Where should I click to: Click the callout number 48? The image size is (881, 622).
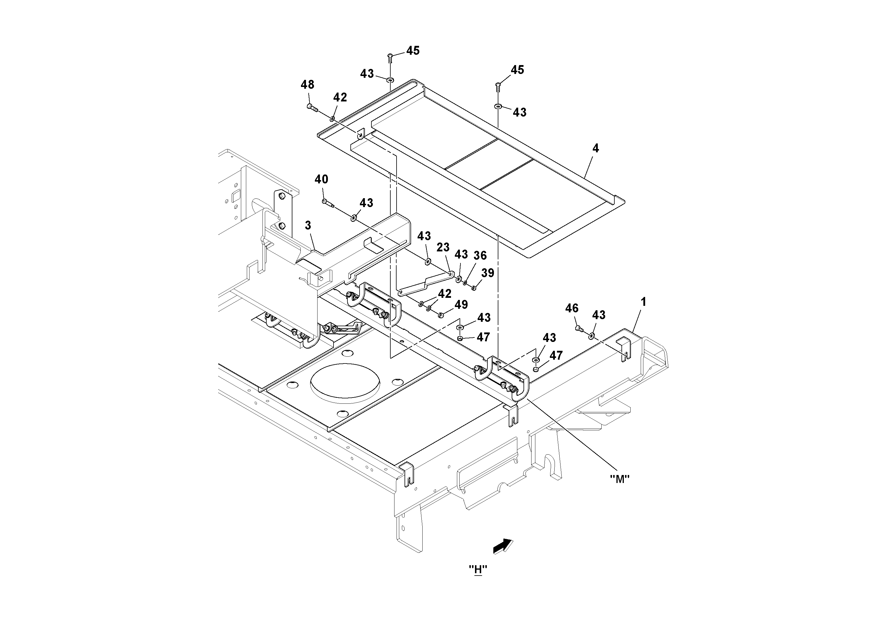(x=307, y=85)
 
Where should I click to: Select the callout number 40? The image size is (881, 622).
(x=322, y=180)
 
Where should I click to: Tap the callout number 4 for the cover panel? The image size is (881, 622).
(x=595, y=148)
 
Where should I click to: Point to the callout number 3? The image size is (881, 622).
(x=308, y=225)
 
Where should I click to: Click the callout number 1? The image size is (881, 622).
(x=643, y=302)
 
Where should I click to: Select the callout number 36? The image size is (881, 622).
(x=480, y=256)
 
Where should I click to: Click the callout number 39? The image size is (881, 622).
(x=488, y=273)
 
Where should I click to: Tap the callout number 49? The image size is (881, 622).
(x=461, y=304)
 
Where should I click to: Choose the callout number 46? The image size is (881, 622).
(x=572, y=308)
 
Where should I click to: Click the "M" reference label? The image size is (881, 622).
(x=620, y=479)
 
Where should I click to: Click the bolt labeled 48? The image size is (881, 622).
(x=312, y=107)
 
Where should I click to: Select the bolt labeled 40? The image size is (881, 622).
(x=326, y=202)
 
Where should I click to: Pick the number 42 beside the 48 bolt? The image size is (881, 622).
(x=340, y=97)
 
